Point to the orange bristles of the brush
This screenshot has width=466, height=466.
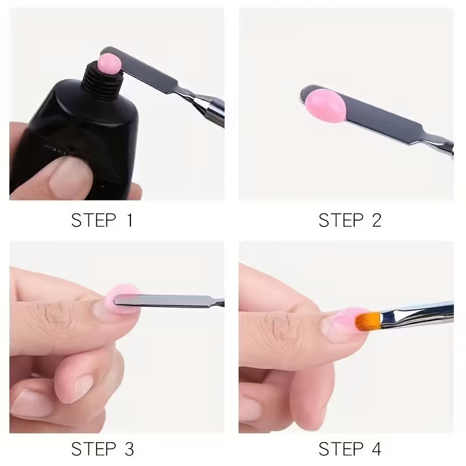[368, 320]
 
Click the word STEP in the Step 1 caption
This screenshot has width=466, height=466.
[93, 220]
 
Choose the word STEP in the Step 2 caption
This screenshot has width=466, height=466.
[340, 220]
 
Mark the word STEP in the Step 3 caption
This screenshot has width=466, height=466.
[93, 449]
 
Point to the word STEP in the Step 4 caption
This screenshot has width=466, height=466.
[340, 449]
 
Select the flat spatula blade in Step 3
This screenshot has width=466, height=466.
[157, 301]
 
